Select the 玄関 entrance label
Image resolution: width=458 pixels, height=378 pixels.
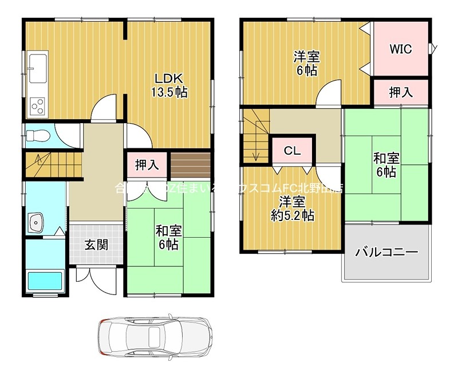click(97, 245)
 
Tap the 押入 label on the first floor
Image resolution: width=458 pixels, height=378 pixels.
click(147, 166)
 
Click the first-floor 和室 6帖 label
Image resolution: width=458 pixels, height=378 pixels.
click(169, 238)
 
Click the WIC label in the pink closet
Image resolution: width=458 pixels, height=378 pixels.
click(401, 49)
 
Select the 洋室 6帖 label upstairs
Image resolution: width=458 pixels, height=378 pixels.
click(307, 64)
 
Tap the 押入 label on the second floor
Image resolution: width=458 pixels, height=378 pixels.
click(400, 93)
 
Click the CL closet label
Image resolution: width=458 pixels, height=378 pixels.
click(293, 151)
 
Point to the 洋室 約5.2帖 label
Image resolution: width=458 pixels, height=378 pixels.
click(292, 209)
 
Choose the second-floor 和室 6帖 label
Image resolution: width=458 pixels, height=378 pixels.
click(387, 164)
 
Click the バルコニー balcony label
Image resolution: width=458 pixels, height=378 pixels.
click(386, 252)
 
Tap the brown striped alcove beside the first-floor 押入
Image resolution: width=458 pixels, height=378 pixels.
click(191, 165)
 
